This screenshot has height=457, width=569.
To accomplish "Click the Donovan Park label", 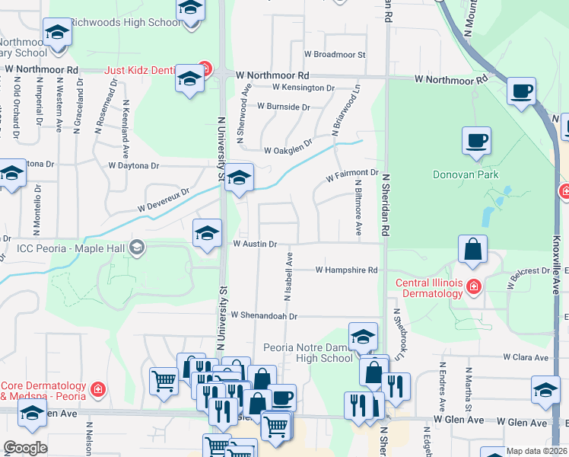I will click(x=464, y=174).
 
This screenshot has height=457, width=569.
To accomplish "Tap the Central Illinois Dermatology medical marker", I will click(x=473, y=286).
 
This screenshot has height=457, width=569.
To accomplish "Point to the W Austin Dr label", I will click(x=254, y=244).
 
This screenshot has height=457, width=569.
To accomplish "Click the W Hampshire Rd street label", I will click(x=346, y=270).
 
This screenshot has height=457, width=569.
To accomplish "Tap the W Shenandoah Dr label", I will click(x=262, y=315).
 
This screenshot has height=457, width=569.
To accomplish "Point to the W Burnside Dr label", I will click(x=283, y=107).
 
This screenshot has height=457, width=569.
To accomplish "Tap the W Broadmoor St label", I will click(x=335, y=55).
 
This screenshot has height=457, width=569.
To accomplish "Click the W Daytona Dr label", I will click(x=134, y=165).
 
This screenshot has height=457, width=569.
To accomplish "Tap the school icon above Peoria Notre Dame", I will click(x=363, y=336).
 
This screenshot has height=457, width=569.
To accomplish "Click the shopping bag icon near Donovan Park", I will click(x=472, y=248).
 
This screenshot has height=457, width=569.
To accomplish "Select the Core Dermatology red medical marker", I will click(x=97, y=390).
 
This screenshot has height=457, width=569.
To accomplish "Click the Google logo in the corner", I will click(x=25, y=448).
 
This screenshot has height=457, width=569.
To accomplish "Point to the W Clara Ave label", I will click(x=525, y=356).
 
